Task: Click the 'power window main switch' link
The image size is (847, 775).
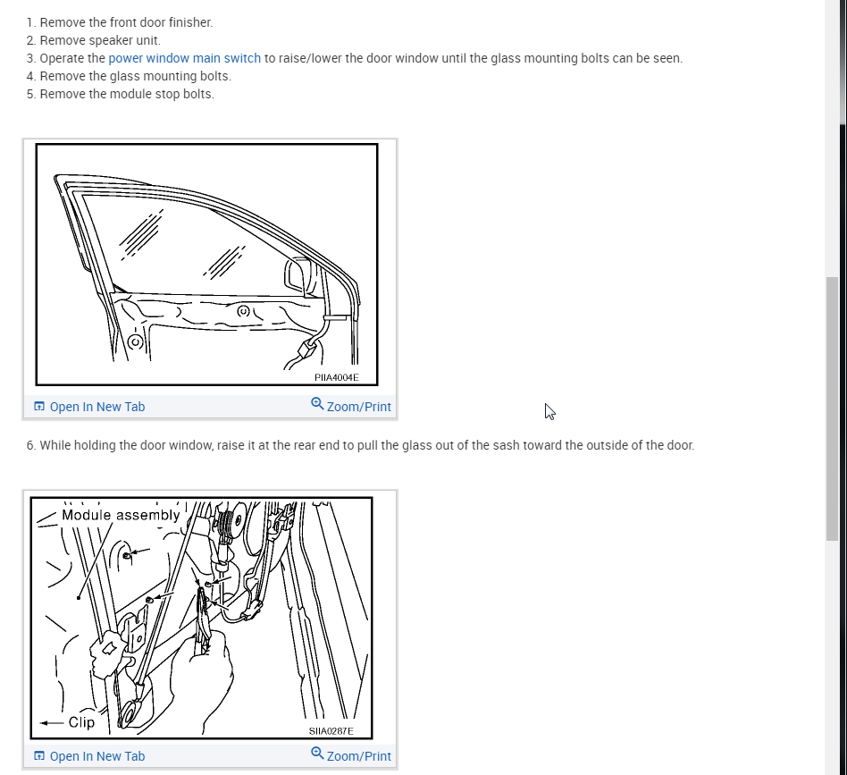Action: click(x=185, y=58)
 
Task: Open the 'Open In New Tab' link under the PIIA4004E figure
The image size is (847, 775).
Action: click(x=97, y=407)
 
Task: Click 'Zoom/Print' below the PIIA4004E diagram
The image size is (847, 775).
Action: click(x=358, y=407)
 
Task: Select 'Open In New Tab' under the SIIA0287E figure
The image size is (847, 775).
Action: click(x=97, y=756)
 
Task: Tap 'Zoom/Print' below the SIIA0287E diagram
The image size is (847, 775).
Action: click(x=358, y=756)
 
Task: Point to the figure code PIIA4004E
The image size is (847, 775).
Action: click(x=337, y=377)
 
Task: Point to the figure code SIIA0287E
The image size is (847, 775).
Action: click(x=331, y=730)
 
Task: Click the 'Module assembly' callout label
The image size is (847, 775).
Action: click(x=121, y=515)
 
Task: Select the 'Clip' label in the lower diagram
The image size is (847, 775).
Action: click(x=81, y=722)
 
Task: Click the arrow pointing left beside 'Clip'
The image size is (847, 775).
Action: click(x=51, y=722)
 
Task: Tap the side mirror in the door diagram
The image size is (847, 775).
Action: click(x=298, y=277)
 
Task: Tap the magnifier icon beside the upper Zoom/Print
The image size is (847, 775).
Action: click(x=317, y=404)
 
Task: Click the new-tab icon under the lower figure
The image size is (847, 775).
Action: click(x=39, y=755)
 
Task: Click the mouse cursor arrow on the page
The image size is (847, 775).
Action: click(x=549, y=411)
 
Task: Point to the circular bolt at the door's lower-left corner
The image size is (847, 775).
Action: click(x=136, y=341)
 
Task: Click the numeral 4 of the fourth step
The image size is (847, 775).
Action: click(x=30, y=76)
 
